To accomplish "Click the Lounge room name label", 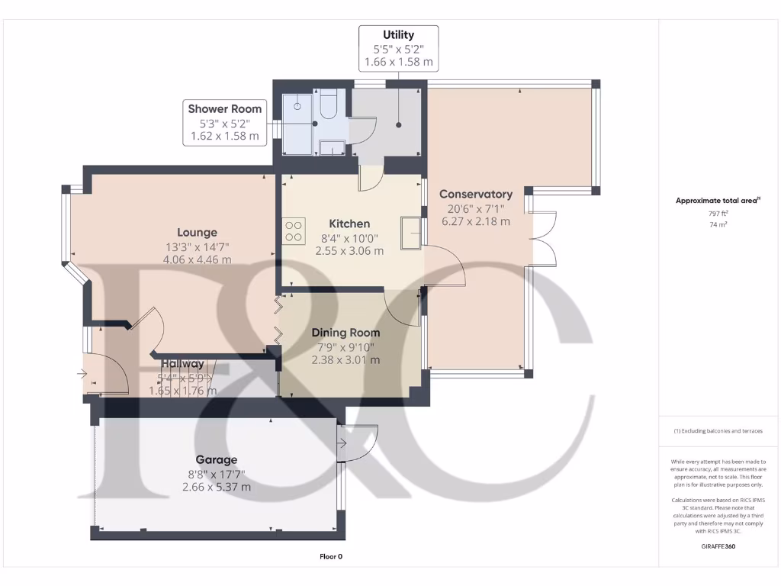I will [x=197, y=232].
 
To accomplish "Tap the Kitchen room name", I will [x=349, y=224].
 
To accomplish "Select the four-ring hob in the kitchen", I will [x=294, y=230].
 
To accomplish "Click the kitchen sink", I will [x=410, y=232].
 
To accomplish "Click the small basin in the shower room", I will [x=331, y=147].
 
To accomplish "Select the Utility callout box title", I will [x=398, y=35].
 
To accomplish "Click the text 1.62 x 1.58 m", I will [x=224, y=137].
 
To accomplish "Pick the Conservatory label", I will [x=475, y=194].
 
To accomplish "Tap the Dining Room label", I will [x=346, y=333].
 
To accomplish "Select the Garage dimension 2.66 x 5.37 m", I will [x=217, y=487].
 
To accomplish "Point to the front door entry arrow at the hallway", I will [x=82, y=374].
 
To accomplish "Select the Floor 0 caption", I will [x=331, y=557].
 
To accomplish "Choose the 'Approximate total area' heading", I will [x=717, y=201].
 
